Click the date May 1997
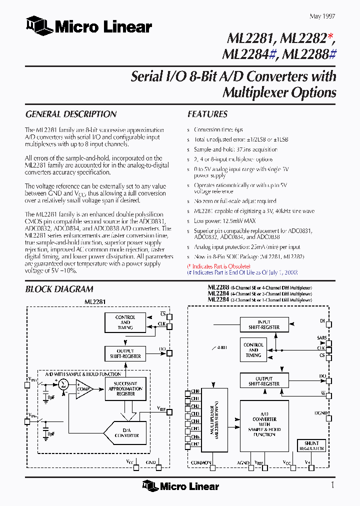322,16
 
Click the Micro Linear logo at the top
89,26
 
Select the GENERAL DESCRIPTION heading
70,114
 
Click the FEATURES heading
207,114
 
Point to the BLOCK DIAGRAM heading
59,289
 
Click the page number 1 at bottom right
332,485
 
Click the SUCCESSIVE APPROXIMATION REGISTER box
125,387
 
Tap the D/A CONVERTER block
126,432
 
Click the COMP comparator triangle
83,388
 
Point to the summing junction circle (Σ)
63,384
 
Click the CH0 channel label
195,391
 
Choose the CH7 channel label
195,444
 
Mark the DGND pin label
321,413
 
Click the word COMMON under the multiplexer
201,463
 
